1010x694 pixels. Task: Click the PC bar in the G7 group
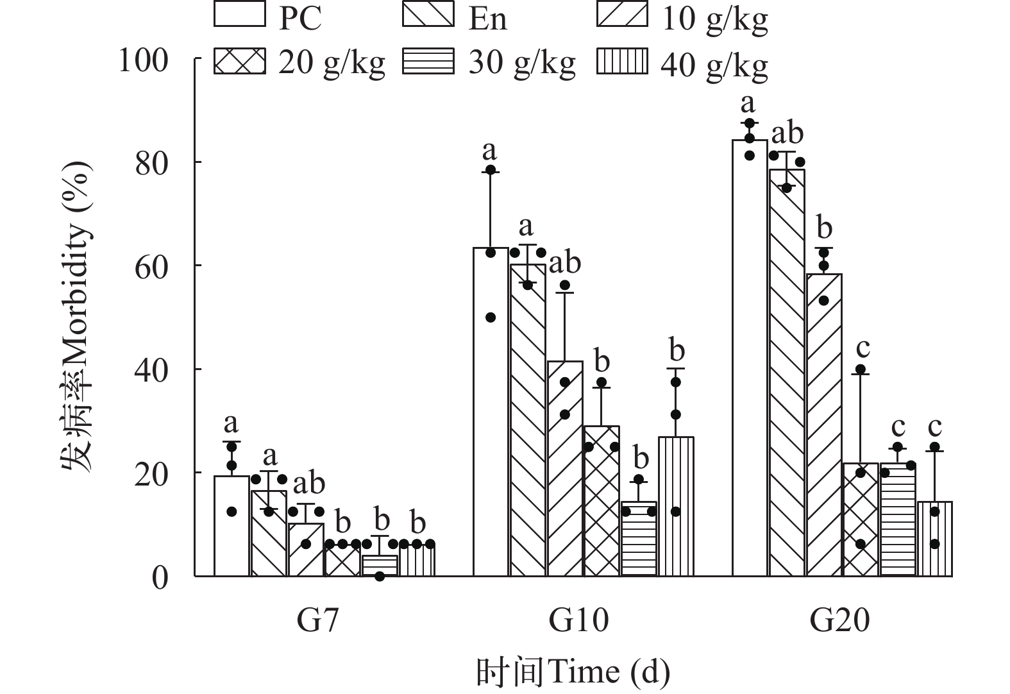coord(231,525)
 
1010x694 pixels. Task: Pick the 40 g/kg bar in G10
coord(676,506)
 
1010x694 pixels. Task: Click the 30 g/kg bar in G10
coord(639,538)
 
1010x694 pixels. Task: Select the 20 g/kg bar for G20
coord(861,519)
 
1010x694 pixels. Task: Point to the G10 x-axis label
coord(579,620)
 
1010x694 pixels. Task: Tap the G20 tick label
coord(839,620)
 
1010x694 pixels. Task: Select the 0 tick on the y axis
coord(160,577)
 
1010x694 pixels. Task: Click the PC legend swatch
coord(239,15)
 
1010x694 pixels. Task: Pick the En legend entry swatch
coord(428,15)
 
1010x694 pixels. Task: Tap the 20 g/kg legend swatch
coord(239,62)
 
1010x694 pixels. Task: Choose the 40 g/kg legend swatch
coord(622,62)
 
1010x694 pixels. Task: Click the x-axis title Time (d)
coord(573,672)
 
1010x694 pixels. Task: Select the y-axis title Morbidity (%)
coord(78,314)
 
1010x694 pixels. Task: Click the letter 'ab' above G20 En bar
coord(787,134)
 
